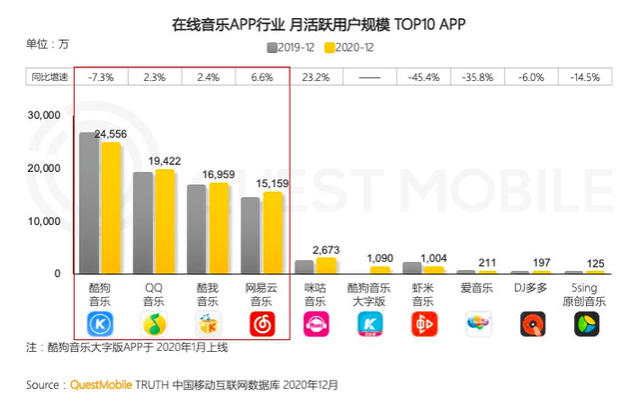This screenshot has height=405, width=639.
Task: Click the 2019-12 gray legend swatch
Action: point(271,46)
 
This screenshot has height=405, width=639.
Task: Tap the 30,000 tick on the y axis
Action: point(44,116)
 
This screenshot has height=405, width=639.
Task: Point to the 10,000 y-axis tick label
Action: point(44,221)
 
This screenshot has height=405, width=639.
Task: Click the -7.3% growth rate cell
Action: point(100,76)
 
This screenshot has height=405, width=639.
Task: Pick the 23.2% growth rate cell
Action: point(316,76)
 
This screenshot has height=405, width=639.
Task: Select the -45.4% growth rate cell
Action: point(423,76)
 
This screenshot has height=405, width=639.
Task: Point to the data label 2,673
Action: point(327,249)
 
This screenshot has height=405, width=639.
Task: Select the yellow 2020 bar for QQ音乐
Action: point(165,221)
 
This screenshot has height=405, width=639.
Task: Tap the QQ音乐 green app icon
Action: point(154,323)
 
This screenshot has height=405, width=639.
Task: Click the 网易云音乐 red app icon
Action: point(262,323)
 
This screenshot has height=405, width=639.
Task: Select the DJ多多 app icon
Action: point(532,323)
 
